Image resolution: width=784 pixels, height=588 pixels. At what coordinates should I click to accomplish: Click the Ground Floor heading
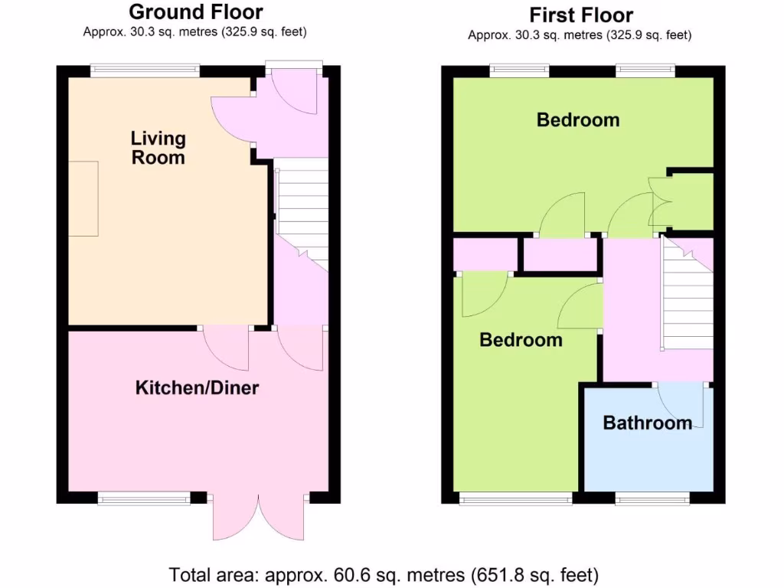[x=195, y=12]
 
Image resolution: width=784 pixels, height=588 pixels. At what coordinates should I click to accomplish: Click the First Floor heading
[x=581, y=15]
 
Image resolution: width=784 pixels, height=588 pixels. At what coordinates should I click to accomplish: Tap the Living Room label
[x=158, y=148]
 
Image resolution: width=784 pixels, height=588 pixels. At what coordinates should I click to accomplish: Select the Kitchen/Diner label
[x=197, y=388]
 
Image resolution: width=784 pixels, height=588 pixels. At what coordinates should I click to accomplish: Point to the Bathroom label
[x=647, y=423]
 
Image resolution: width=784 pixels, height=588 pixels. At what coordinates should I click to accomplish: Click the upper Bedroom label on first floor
[x=577, y=120]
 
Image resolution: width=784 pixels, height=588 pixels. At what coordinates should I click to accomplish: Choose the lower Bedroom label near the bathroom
[x=521, y=340]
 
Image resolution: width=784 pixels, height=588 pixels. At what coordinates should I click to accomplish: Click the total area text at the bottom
[x=384, y=573]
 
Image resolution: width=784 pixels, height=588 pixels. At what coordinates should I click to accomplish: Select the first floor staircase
[x=686, y=295]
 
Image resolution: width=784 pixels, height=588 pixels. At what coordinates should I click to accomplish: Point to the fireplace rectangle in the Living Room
[x=84, y=199]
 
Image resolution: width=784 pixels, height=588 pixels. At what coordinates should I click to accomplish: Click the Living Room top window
[x=145, y=70]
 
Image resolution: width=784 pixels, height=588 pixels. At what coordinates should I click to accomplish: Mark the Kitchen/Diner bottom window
[x=143, y=498]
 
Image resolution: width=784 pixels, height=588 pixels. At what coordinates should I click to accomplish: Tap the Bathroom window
[x=652, y=498]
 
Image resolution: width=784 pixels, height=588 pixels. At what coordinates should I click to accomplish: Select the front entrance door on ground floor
[x=292, y=93]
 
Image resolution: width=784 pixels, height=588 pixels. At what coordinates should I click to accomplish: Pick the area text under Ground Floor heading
[x=195, y=32]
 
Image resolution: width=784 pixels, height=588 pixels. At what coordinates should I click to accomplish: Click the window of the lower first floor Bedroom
[x=515, y=498]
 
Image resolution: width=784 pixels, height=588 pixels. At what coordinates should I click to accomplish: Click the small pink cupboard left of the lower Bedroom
[x=485, y=255]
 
